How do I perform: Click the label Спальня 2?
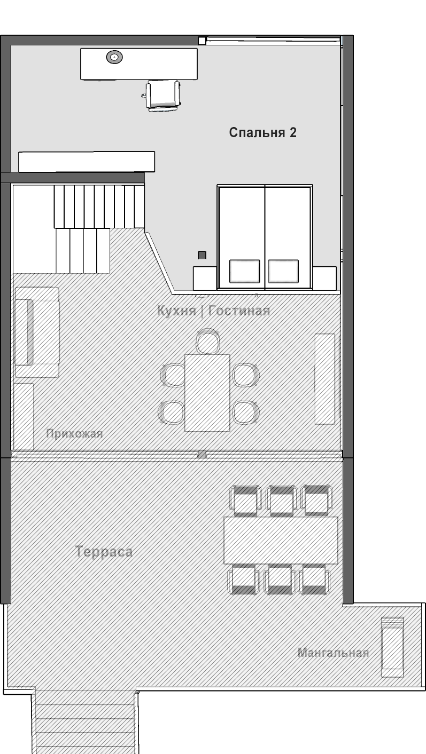(263, 133)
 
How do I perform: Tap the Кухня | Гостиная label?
(213, 311)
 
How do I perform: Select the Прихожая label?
(74, 433)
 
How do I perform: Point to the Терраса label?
(104, 551)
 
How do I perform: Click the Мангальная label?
(333, 653)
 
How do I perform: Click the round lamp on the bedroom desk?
(114, 57)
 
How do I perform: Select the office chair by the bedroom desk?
(162, 96)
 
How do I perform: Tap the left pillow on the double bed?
(245, 271)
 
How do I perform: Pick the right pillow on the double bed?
(283, 271)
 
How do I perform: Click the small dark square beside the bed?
(202, 255)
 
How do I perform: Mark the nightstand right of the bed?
(324, 279)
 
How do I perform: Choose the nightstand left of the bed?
(205, 279)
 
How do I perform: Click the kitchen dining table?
(207, 393)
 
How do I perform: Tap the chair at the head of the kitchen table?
(208, 342)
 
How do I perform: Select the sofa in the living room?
(36, 332)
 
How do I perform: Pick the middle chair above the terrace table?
(282, 501)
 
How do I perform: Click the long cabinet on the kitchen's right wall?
(325, 379)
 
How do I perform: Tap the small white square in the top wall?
(202, 41)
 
